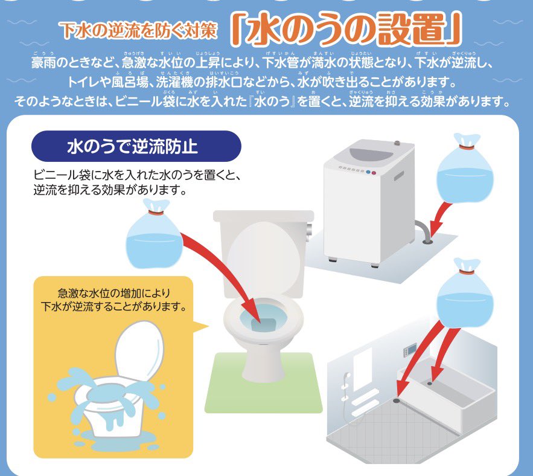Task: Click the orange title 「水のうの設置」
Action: (346, 30)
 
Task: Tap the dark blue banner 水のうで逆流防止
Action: (136, 146)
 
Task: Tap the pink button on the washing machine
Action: (374, 173)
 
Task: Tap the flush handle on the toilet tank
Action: (308, 232)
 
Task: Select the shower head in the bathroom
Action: (347, 376)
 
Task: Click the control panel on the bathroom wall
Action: (409, 351)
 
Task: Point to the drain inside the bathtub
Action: (430, 383)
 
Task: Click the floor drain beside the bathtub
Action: (397, 400)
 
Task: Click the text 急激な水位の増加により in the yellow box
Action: (114, 293)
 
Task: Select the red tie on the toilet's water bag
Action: (156, 213)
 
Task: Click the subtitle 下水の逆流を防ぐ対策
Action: (139, 31)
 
